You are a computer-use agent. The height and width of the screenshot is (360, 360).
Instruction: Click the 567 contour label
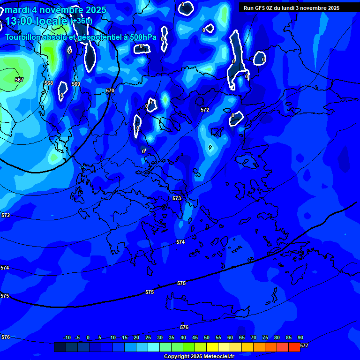19,80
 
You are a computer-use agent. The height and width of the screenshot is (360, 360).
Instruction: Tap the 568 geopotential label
49,83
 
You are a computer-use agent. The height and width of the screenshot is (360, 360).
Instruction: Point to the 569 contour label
76,84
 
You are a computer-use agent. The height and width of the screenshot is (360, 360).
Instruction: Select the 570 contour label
110,91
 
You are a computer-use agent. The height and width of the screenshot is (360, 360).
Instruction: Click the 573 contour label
177,199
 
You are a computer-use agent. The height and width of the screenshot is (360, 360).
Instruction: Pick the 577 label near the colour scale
304,346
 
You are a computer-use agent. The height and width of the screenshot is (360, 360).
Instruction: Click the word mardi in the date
17,10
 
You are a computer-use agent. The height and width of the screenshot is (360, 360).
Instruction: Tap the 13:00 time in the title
21,21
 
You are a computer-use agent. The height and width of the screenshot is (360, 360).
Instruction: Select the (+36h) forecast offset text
81,21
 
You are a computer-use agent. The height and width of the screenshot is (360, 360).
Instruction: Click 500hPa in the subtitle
143,37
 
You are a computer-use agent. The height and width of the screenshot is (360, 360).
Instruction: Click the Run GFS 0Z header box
292,8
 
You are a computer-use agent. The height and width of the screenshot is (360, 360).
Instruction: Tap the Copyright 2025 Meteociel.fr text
199,357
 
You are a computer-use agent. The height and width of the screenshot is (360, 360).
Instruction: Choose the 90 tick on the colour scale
300,338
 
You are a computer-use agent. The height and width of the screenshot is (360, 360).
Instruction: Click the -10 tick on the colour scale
67,338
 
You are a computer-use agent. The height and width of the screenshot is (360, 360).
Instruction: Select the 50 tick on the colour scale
206,338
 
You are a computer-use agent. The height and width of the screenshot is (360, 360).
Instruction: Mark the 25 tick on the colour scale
148,338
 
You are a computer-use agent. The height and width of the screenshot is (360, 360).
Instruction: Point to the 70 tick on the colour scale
253,338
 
